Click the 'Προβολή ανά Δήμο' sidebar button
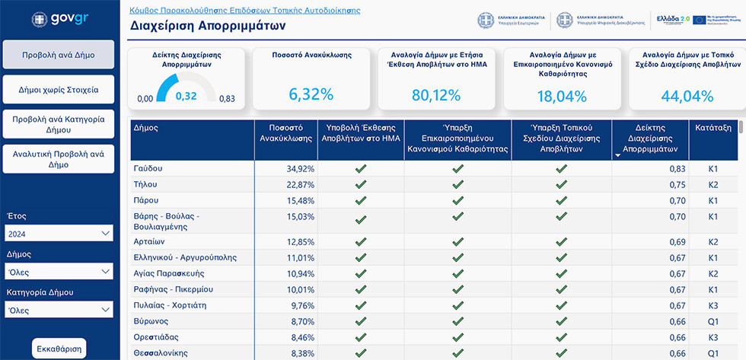point(59,55)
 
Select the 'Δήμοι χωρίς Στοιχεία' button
point(59,90)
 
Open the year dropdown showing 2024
point(59,233)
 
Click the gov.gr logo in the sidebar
point(58,19)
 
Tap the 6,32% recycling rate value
point(311,95)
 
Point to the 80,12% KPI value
point(436,96)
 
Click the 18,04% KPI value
point(561,97)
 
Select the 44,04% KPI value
point(687,97)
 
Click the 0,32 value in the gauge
point(186,96)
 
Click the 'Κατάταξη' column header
point(713,129)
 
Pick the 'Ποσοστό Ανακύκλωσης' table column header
point(285,133)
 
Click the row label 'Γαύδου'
point(148,168)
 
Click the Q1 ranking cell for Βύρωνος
point(713,320)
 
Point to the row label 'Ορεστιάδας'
point(156,337)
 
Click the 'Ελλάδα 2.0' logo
point(672,18)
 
